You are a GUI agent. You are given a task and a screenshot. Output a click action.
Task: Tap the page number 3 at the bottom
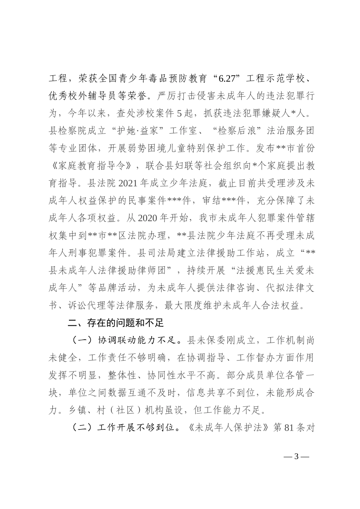tap(297, 456)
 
